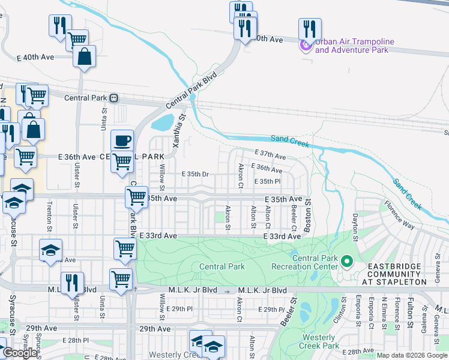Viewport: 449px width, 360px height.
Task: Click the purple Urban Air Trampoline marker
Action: coord(306,44)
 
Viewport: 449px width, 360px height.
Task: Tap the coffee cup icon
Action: coord(122,140)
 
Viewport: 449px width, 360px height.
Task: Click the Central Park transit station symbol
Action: coord(114,98)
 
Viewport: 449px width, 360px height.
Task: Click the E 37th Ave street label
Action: coord(271,155)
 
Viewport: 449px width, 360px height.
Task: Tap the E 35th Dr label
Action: coord(195,175)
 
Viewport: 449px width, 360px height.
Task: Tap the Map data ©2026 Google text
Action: coord(412,355)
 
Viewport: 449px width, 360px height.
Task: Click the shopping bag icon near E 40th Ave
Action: coord(85,57)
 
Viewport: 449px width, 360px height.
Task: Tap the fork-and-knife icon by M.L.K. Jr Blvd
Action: coord(72,283)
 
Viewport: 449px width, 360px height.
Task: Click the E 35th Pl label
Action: coord(268,181)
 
